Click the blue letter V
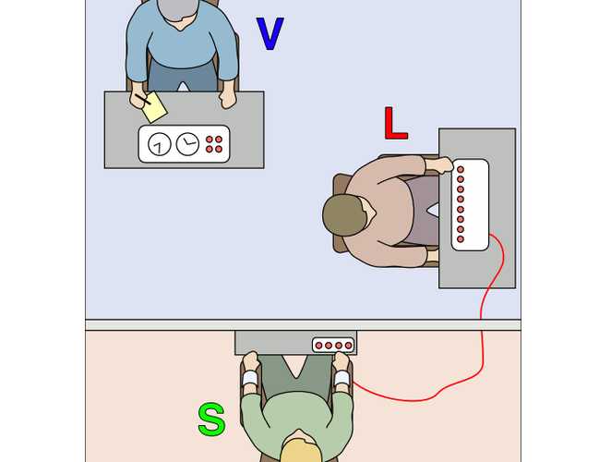pos(270,33)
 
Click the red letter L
pos(394,125)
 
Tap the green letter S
pos(211,420)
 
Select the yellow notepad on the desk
pos(154,105)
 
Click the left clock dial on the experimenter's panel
pos(160,144)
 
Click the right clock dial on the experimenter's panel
pos(187,144)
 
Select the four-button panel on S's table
pos(332,345)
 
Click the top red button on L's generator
pos(461,171)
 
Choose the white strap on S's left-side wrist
pos(248,379)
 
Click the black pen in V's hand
pos(141,98)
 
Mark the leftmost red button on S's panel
pos(319,346)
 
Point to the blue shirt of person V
pos(181,46)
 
